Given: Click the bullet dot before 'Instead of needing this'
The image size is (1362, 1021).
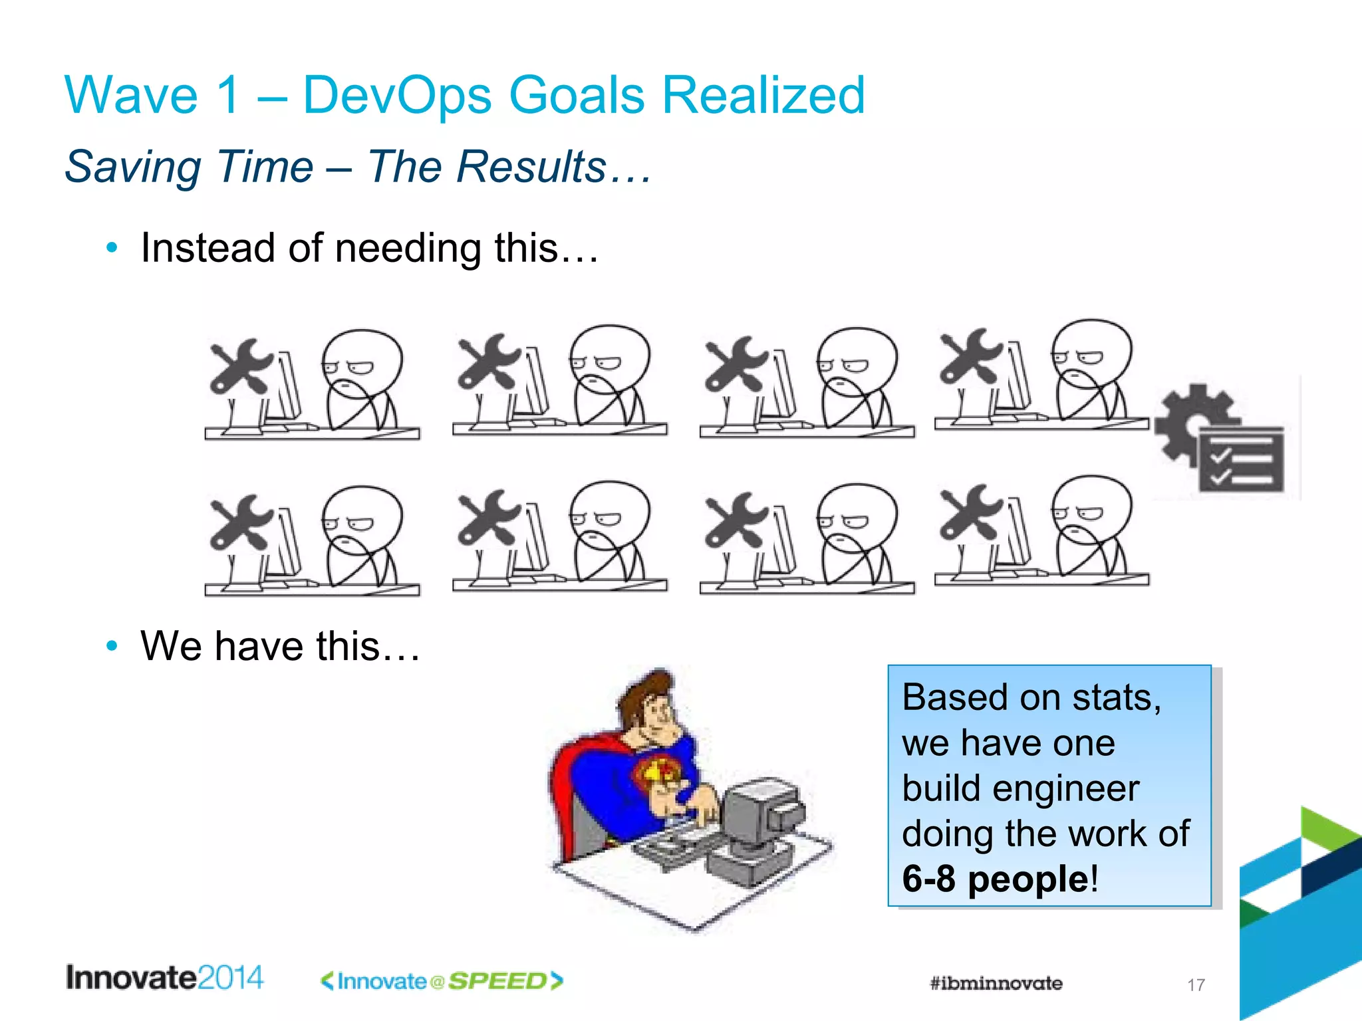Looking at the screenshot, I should [112, 248].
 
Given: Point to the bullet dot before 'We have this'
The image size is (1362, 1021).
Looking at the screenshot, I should [112, 645].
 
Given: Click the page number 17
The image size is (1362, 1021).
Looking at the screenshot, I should [1196, 984].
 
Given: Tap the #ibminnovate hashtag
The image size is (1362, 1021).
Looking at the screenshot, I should [996, 983].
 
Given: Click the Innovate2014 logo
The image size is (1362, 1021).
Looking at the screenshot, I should [164, 978].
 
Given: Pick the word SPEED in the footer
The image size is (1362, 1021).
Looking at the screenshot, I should [497, 981].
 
